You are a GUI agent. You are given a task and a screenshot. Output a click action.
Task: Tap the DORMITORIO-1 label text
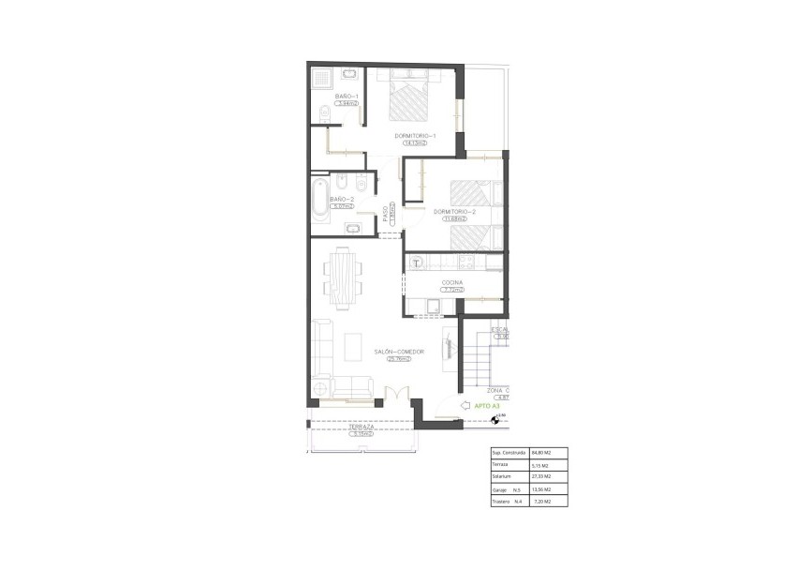tap(411, 136)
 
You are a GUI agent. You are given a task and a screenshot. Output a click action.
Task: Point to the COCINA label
tap(452, 282)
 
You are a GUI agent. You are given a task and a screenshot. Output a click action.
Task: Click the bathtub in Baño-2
tap(318, 201)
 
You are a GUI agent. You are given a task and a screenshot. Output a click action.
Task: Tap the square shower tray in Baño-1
tap(320, 77)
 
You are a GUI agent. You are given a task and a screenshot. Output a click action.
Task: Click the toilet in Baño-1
tap(321, 114)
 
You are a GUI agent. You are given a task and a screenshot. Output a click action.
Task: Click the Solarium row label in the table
tap(502, 476)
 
